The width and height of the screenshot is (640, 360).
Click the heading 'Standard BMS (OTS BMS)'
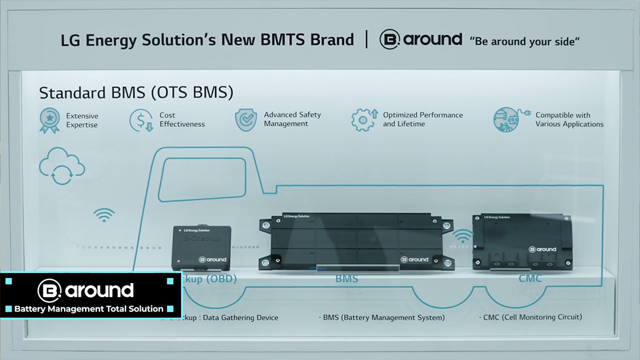coord(136,93)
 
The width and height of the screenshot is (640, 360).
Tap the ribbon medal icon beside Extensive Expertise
coord(50,120)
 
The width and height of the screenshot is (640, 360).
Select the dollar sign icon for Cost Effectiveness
coord(141,120)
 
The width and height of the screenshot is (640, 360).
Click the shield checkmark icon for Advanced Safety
coord(246,120)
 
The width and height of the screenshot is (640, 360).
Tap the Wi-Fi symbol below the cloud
coord(104,214)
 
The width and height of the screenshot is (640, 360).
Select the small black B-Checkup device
coord(201,248)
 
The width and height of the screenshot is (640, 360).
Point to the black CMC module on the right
coord(522,241)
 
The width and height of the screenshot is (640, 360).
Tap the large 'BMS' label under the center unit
coord(347,278)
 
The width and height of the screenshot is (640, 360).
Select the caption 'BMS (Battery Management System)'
coord(383,318)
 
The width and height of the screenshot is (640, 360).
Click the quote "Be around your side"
coord(525,41)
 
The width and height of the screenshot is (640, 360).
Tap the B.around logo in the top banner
coord(421,40)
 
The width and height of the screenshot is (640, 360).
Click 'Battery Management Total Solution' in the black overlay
coord(89,309)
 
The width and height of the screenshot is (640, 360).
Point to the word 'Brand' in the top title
coord(331,40)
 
